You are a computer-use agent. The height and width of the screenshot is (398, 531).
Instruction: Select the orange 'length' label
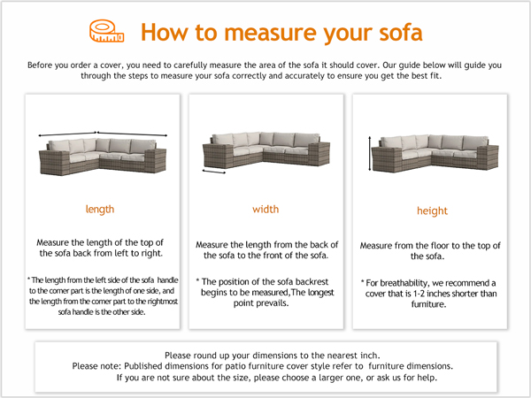(x=99, y=210)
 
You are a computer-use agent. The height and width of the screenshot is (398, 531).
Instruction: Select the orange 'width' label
(x=265, y=210)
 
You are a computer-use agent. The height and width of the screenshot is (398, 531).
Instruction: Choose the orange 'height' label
(x=432, y=211)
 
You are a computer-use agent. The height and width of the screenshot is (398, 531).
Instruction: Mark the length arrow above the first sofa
(x=102, y=134)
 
